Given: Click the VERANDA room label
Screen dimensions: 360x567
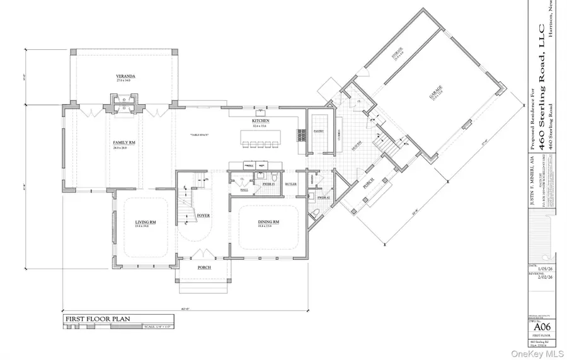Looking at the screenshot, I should click(126, 76).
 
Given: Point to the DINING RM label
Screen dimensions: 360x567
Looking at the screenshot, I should click(268, 222).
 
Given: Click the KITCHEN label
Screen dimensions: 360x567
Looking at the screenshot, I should click(261, 120).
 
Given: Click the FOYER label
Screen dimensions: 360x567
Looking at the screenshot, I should click(203, 215).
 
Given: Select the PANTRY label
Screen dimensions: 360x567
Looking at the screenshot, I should click(319, 131).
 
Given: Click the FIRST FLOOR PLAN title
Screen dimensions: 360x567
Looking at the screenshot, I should click(98, 319).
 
